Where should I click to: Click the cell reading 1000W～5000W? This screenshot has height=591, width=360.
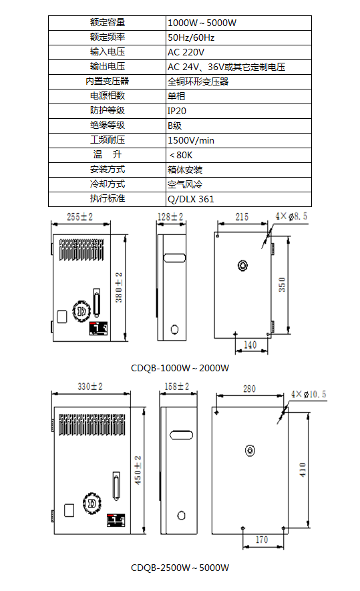202,23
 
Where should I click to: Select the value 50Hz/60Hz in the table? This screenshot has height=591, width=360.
191,37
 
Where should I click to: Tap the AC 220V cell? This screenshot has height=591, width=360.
186,52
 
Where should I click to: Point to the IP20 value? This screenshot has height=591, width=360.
177,112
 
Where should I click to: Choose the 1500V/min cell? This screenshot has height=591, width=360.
191,141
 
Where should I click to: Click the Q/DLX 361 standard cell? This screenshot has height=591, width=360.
191,200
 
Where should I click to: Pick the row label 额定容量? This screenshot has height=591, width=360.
108,23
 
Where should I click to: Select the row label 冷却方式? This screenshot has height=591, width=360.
108,184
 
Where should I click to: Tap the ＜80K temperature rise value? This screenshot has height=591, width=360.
181,156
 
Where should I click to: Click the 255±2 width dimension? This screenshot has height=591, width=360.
79,217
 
